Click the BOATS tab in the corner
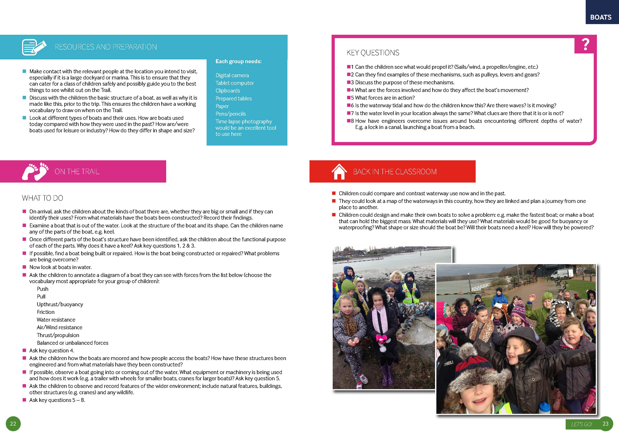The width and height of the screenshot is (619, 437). pyautogui.click(x=601, y=17)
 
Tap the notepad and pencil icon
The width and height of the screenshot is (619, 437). pyautogui.click(x=34, y=47)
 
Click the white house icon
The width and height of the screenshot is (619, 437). pyautogui.click(x=339, y=172)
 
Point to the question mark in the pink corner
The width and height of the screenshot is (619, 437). pyautogui.click(x=585, y=45)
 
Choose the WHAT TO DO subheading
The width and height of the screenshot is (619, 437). pyautogui.click(x=43, y=198)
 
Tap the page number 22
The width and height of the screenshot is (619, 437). pyautogui.click(x=13, y=424)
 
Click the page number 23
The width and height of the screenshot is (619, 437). pyautogui.click(x=605, y=424)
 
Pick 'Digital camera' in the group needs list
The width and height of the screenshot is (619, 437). pyautogui.click(x=232, y=75)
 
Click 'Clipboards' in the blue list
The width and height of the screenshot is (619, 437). pyautogui.click(x=228, y=91)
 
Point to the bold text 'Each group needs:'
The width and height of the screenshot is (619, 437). pyautogui.click(x=238, y=61)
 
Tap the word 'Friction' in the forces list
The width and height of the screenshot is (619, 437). pyautogui.click(x=45, y=312)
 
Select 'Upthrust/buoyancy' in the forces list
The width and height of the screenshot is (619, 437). pyautogui.click(x=60, y=304)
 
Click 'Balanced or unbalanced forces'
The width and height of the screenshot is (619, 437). pyautogui.click(x=73, y=343)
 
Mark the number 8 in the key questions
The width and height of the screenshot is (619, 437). pyautogui.click(x=352, y=121)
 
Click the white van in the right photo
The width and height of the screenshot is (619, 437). pyautogui.click(x=562, y=274)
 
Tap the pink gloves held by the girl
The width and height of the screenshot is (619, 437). pyautogui.click(x=381, y=338)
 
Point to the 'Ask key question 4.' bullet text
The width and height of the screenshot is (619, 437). pyautogui.click(x=52, y=350)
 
